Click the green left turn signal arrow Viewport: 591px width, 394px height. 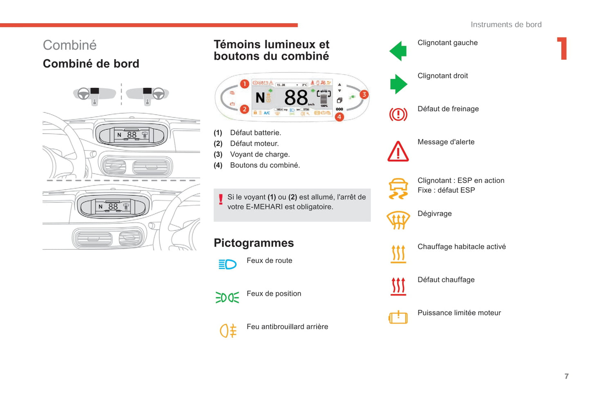pyautogui.click(x=398, y=51)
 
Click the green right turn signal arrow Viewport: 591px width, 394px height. pyautogui.click(x=398, y=84)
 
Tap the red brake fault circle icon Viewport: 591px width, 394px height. pyautogui.click(x=398, y=114)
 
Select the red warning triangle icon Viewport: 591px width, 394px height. pyautogui.click(x=398, y=152)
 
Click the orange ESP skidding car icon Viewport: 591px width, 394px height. pyautogui.click(x=398, y=188)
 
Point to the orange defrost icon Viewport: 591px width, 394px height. pyautogui.click(x=398, y=220)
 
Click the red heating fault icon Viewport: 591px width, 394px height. pyautogui.click(x=398, y=286)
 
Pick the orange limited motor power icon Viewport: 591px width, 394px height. pyautogui.click(x=398, y=317)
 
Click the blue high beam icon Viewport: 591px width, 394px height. pyautogui.click(x=227, y=264)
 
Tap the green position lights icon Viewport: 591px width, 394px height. pyautogui.click(x=227, y=298)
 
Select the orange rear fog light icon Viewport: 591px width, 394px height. pyautogui.click(x=228, y=331)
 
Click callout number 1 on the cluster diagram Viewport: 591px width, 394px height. pyautogui.click(x=245, y=84)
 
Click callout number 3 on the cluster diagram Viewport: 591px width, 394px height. pyautogui.click(x=364, y=94)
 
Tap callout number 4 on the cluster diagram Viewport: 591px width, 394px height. pyautogui.click(x=339, y=117)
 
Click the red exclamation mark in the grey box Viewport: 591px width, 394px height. pyautogui.click(x=221, y=199)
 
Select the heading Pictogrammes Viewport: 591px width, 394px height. pyautogui.click(x=254, y=243)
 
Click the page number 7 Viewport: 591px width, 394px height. pyautogui.click(x=566, y=376)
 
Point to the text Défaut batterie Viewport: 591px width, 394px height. pyautogui.click(x=255, y=133)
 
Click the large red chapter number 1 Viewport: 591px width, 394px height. pyautogui.click(x=562, y=49)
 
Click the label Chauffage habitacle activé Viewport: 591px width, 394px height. pyautogui.click(x=461, y=246)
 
